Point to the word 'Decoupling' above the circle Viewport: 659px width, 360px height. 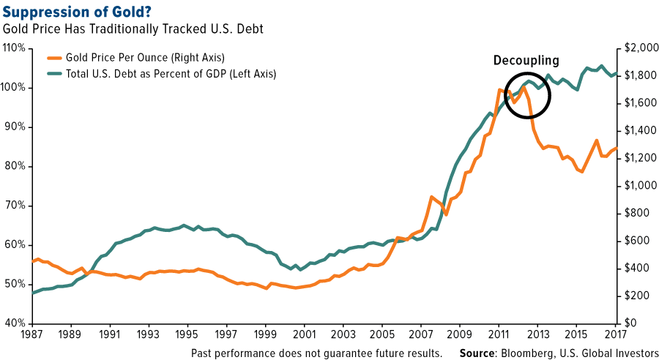click(x=526, y=61)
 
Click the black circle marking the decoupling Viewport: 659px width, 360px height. click(x=528, y=94)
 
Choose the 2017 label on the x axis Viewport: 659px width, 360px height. click(x=616, y=335)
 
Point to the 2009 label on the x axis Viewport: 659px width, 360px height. click(x=460, y=335)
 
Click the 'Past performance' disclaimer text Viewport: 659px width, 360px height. click(x=316, y=353)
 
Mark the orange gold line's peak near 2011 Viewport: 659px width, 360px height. click(x=499, y=90)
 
